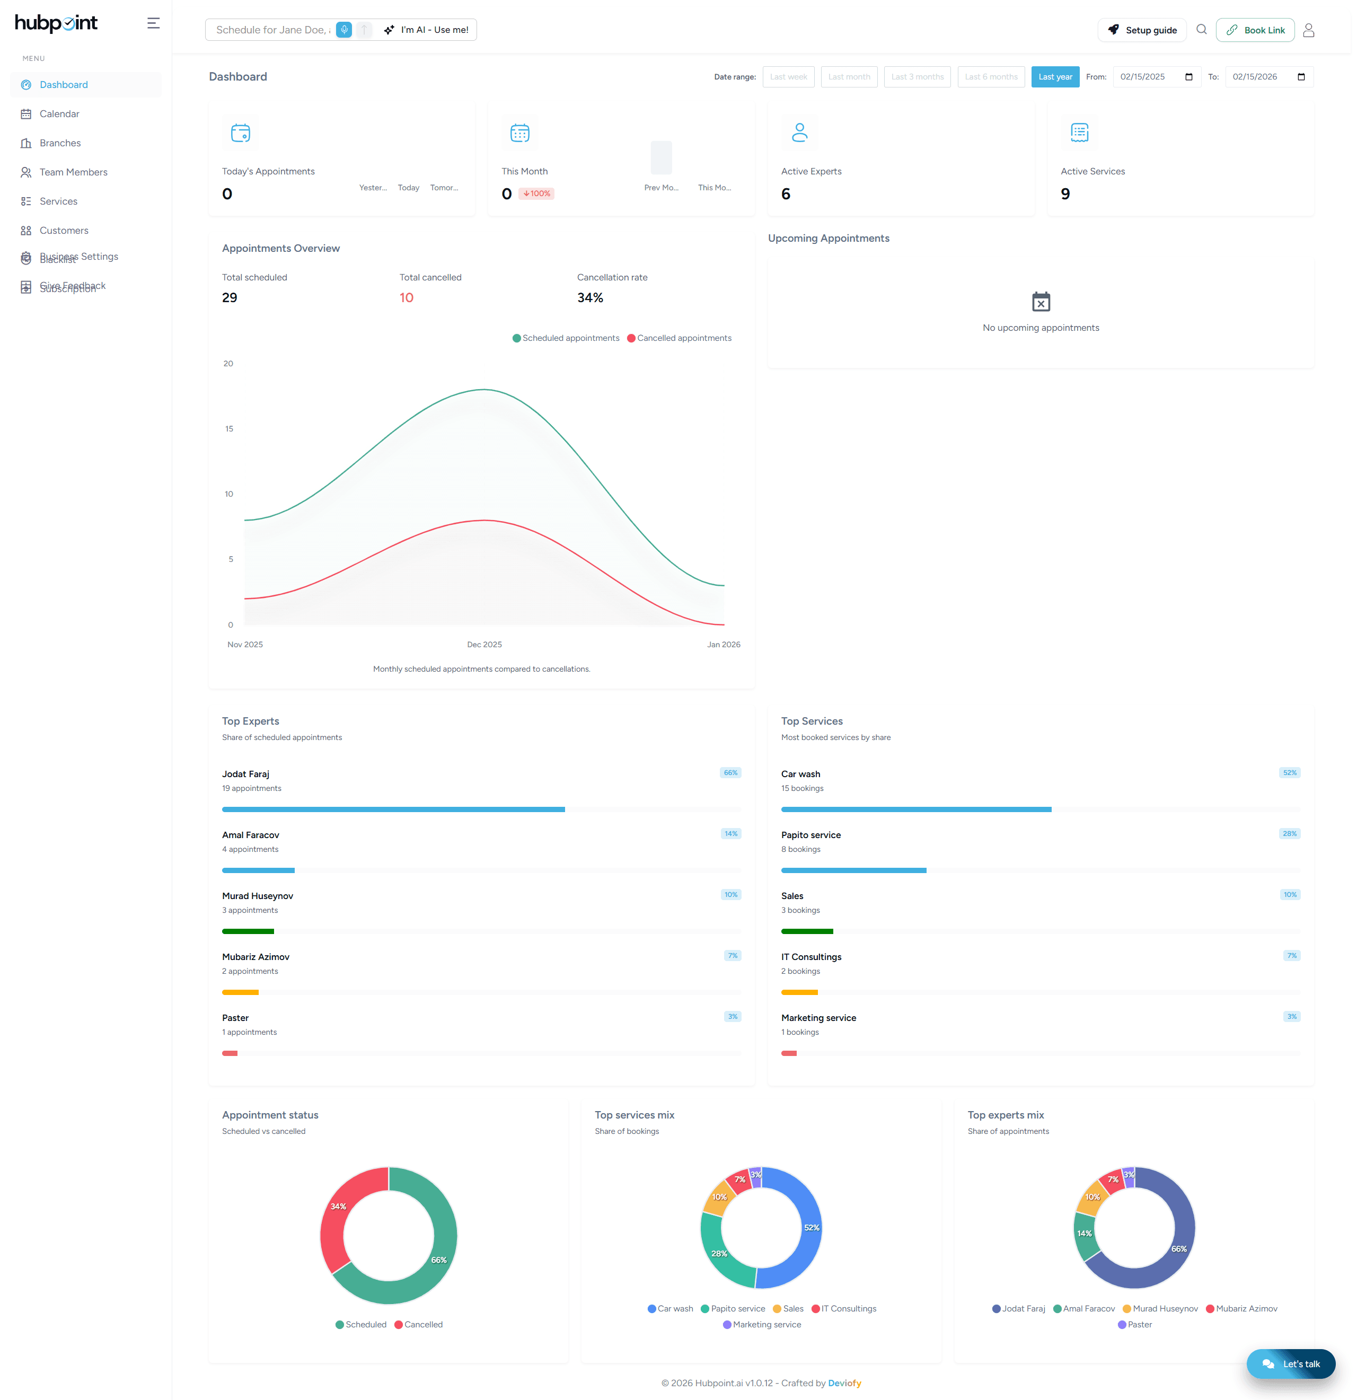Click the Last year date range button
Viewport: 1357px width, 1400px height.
(1054, 77)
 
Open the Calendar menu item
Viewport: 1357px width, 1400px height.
(59, 113)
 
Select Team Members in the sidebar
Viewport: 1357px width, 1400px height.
(73, 172)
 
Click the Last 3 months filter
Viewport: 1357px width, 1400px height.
(917, 77)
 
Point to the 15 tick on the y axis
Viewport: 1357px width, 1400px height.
(230, 428)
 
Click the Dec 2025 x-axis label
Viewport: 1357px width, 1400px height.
(484, 644)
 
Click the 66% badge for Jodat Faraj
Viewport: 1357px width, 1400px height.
(730, 773)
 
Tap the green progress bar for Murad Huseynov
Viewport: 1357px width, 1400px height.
(248, 931)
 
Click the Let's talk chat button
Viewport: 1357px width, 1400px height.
(1291, 1363)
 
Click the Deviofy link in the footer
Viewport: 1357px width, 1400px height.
(844, 1383)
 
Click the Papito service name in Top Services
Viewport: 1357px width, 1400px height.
(810, 835)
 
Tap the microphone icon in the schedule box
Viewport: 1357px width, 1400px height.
(344, 30)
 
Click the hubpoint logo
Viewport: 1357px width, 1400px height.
(56, 23)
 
